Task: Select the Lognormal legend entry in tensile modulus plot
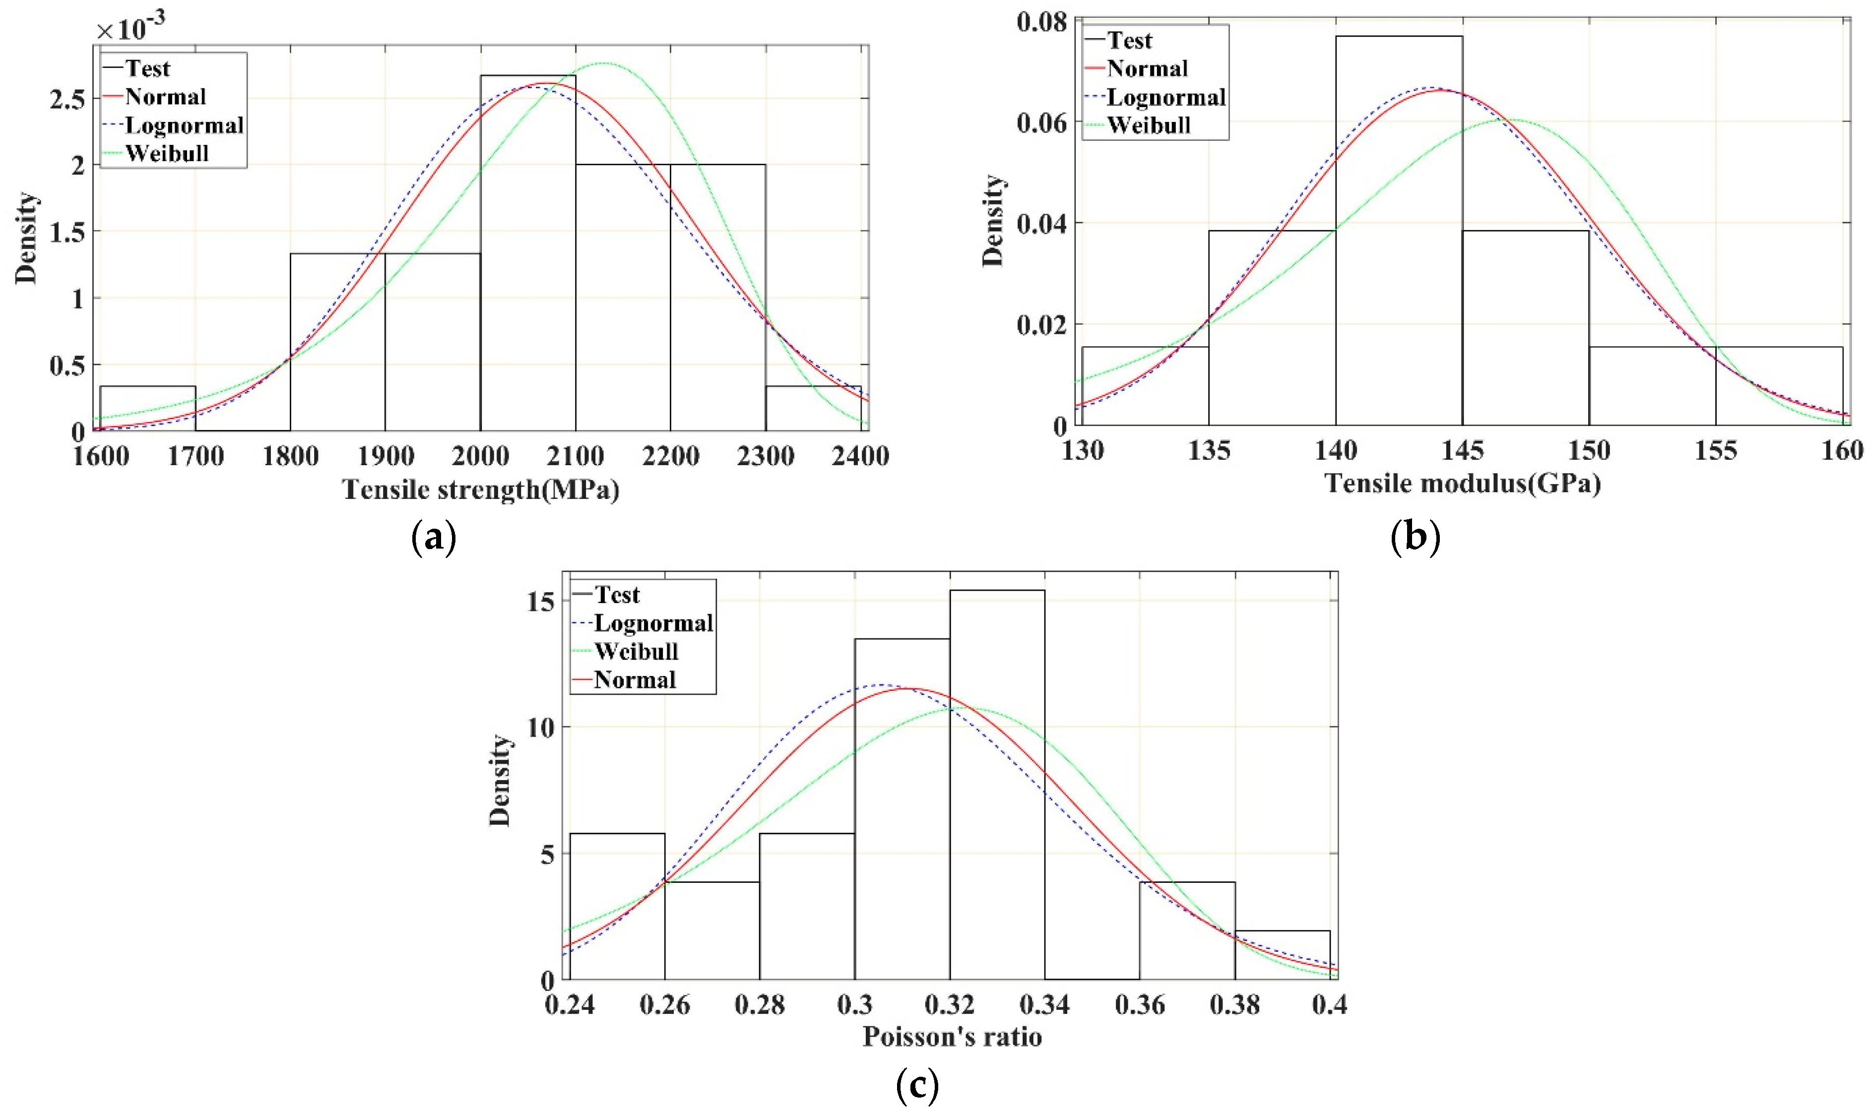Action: (x=1165, y=97)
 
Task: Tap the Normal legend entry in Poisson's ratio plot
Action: (x=635, y=680)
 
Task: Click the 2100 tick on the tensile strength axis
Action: (x=575, y=455)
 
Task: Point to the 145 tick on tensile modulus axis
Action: (x=1461, y=450)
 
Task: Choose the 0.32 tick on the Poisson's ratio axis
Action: (x=949, y=1004)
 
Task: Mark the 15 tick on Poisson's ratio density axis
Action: (x=540, y=602)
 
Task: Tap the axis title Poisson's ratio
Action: (x=952, y=1037)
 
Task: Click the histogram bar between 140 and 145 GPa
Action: (x=1398, y=232)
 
